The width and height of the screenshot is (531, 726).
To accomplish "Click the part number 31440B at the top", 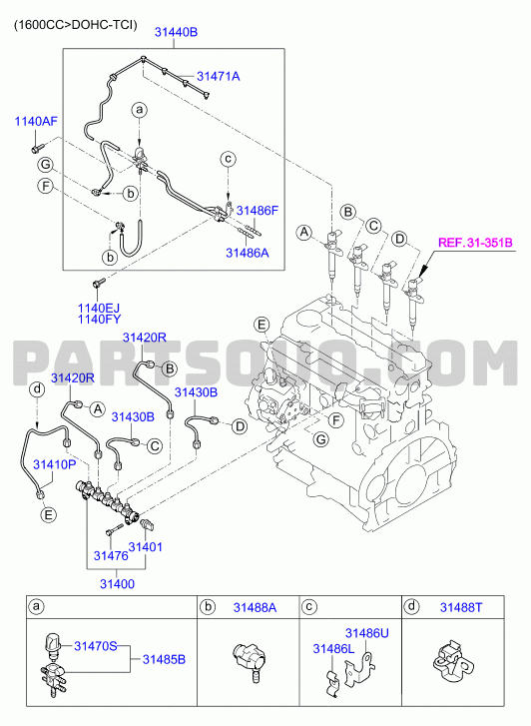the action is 176,32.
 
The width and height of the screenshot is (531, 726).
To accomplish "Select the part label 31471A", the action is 219,76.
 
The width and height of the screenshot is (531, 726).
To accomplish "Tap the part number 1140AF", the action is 36,121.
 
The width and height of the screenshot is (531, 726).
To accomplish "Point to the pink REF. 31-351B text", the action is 475,243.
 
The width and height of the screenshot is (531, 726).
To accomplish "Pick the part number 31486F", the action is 258,210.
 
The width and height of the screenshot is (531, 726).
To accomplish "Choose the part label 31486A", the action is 248,253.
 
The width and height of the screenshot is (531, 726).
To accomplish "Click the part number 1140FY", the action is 99,319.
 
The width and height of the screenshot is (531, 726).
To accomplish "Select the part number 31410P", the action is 54,464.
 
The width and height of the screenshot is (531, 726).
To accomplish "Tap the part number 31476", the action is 111,555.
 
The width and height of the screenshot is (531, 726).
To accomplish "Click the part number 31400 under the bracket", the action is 118,584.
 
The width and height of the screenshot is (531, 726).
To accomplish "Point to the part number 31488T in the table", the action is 460,607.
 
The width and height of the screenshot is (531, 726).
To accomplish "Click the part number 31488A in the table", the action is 255,607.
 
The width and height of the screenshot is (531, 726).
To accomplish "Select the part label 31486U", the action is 367,633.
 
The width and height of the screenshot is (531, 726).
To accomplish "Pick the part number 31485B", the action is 164,659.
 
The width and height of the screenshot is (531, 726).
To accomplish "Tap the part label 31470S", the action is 96,645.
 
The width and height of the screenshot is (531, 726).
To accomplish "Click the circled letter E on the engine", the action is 263,325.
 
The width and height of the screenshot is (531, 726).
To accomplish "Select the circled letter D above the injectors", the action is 399,240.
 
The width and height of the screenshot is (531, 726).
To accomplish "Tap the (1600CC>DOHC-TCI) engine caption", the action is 76,25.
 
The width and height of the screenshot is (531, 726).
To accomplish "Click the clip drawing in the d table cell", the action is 453,659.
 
